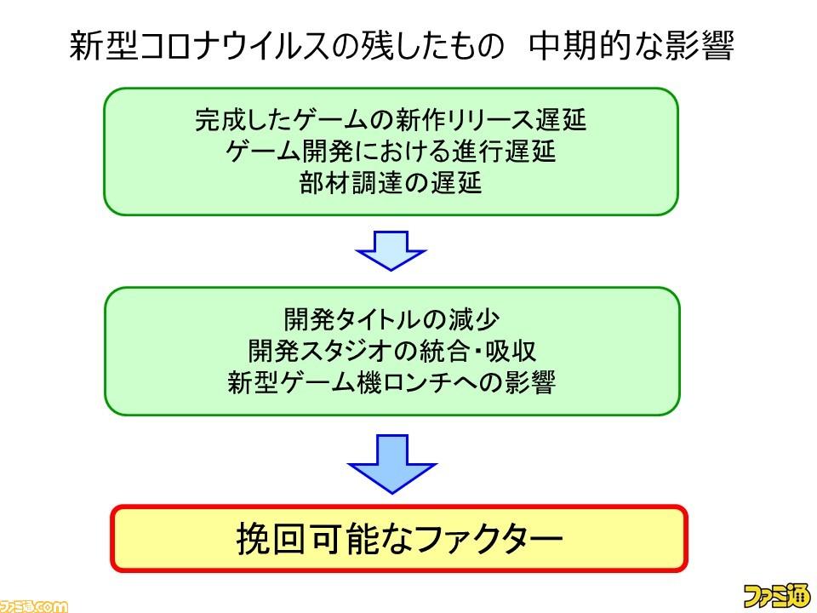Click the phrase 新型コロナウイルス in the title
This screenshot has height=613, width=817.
200,46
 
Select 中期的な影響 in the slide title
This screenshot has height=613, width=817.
631,46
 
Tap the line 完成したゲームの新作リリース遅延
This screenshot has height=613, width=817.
391,120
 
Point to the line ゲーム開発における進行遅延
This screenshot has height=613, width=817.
391,152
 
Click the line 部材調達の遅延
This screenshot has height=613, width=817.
391,183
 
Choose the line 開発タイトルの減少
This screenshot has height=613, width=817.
391,319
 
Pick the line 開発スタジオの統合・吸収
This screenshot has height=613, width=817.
391,351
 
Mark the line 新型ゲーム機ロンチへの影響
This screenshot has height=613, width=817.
391,382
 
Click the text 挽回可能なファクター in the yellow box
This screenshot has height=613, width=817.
400,538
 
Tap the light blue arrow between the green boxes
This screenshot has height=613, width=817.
391,251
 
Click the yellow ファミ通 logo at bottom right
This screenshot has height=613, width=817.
777,596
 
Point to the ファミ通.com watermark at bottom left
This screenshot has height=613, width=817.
34,606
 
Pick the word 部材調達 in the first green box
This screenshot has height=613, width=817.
351,183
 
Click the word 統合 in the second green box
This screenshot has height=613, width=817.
444,351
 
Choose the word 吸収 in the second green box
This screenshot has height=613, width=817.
511,351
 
